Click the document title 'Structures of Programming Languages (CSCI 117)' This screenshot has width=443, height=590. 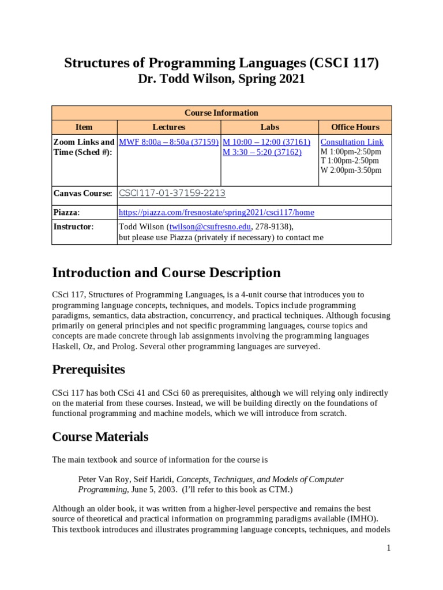(221, 63)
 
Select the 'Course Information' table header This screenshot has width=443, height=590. (221, 113)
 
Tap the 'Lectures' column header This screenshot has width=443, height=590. (168, 127)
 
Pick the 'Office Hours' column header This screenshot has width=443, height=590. (355, 127)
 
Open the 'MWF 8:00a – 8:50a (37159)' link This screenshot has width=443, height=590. (168, 142)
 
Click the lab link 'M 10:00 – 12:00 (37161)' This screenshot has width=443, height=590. (266, 142)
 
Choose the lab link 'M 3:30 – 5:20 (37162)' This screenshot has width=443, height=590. (262, 152)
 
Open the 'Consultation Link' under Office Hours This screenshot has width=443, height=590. (351, 142)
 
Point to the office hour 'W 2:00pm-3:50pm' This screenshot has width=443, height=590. (351, 170)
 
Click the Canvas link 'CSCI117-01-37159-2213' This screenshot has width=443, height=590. (172, 194)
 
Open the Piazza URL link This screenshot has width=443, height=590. (216, 212)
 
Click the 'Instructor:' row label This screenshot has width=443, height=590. (73, 226)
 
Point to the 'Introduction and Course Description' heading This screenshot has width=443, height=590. (166, 273)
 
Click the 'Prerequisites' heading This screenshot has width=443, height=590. (88, 369)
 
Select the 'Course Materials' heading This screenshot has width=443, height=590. (100, 437)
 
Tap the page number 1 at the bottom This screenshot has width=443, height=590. (389, 549)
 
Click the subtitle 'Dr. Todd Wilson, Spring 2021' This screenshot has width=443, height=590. (221, 80)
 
